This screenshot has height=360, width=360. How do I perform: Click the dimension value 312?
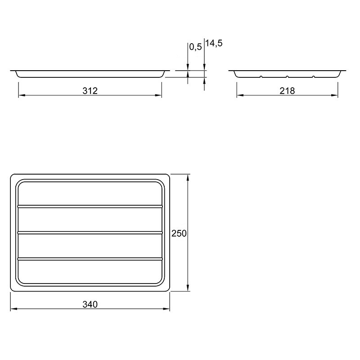90,91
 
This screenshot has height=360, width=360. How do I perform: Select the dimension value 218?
287,91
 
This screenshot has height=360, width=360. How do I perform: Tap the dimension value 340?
90,305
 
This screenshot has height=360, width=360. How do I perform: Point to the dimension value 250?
179,234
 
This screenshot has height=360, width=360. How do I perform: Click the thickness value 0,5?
195,47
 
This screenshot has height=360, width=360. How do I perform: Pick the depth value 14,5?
214,43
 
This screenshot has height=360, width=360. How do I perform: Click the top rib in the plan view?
90,207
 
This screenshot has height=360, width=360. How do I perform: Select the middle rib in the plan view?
90,233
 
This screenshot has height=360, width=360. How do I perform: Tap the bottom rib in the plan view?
90,259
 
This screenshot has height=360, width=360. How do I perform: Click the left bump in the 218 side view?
261,76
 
